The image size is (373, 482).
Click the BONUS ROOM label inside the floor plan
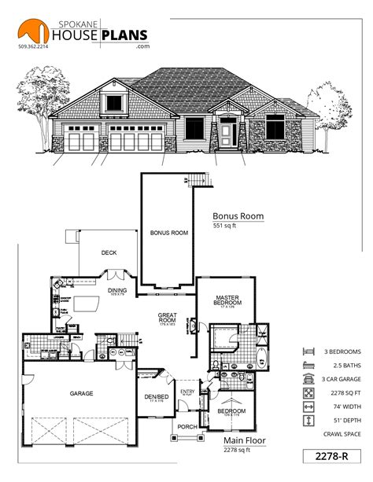point(168,233)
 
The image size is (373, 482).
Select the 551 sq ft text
point(225,226)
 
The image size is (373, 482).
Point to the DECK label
point(109,253)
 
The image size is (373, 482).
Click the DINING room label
point(116,290)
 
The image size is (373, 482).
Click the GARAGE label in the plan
point(82,393)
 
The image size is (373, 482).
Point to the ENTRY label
point(187,392)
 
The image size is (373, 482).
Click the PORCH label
point(186,427)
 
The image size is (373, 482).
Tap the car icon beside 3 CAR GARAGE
point(307,378)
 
